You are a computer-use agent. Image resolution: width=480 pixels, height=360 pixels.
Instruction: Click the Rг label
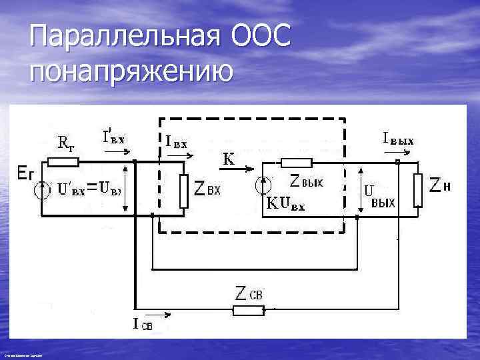click(65, 141)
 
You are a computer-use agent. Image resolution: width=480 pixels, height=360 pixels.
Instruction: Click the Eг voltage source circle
click(41, 190)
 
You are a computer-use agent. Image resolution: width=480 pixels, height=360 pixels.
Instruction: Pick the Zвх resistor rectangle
click(185, 191)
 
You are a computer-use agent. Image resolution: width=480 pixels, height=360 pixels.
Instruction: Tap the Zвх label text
click(207, 190)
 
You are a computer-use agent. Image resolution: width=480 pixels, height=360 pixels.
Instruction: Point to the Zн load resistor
click(418, 189)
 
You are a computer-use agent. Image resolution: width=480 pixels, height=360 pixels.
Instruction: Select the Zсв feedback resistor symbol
click(247, 309)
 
